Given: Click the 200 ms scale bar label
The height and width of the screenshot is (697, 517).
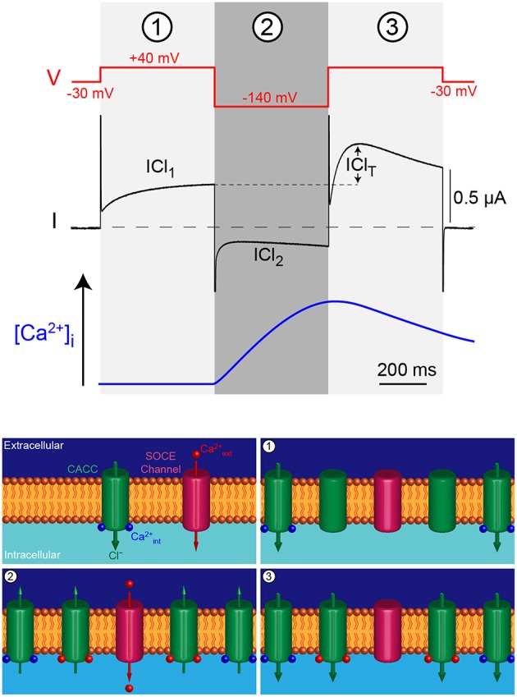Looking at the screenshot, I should click(x=401, y=370).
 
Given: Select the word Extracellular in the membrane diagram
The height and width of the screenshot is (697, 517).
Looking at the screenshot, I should click(x=33, y=446).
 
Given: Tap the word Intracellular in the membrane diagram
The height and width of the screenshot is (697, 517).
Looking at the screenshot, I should click(x=32, y=555).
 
